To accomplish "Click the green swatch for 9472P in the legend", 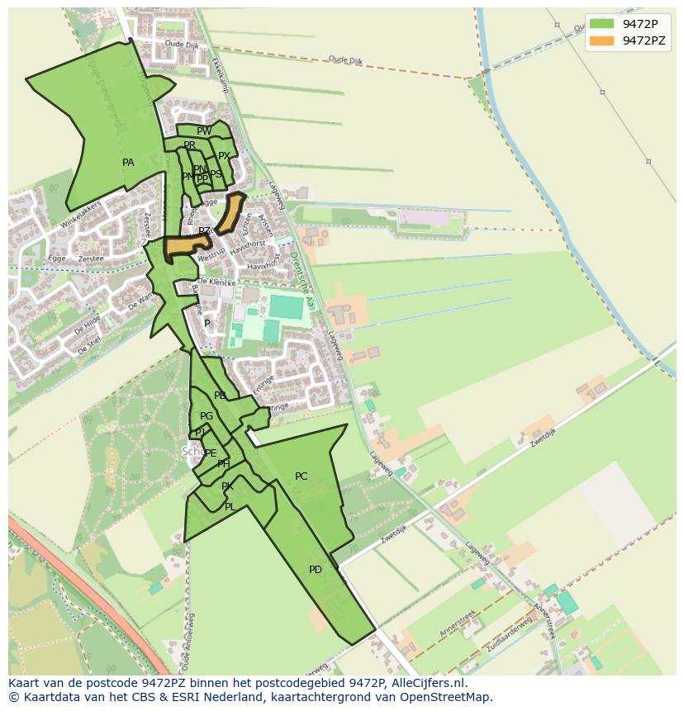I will tap(602, 23).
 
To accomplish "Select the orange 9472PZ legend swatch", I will tap(602, 40).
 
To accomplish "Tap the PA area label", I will tap(128, 163).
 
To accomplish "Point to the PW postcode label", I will tap(204, 130).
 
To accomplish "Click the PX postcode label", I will tap(224, 156).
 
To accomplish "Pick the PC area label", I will tap(301, 476).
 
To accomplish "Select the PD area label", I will tap(316, 570).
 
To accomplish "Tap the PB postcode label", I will tap(220, 396).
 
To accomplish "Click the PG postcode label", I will tap(207, 416).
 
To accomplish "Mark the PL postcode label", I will tap(230, 507).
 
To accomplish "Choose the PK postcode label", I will tap(227, 487).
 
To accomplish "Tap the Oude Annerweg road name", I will tap(188, 643).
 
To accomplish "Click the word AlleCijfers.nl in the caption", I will tap(428, 684).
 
